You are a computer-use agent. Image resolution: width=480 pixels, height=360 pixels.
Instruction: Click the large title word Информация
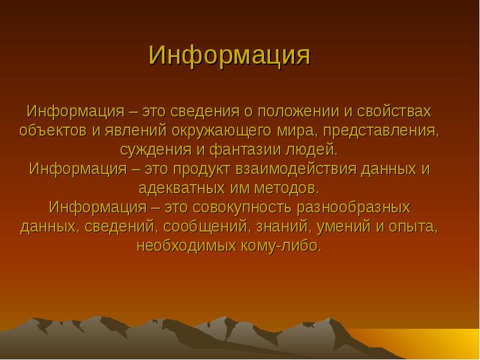pos(230,56)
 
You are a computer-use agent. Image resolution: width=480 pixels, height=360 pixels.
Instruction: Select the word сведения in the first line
pos(205,112)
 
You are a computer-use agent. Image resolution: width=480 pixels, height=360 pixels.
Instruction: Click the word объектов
pos(53,131)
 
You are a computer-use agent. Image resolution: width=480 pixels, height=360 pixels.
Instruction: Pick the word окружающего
pos(221,131)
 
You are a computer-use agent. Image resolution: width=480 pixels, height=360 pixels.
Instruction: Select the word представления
pos(380,131)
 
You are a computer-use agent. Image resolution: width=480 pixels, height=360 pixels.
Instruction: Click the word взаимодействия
pos(296,170)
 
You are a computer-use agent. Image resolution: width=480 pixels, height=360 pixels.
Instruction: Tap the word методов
pos(287,188)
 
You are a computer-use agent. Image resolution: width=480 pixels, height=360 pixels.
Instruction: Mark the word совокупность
pos(242,208)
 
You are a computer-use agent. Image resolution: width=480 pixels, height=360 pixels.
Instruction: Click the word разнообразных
pos(353,208)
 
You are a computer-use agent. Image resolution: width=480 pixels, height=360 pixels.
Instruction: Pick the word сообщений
pos(207,227)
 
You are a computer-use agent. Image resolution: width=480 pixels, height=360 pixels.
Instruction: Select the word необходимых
pos(186,246)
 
